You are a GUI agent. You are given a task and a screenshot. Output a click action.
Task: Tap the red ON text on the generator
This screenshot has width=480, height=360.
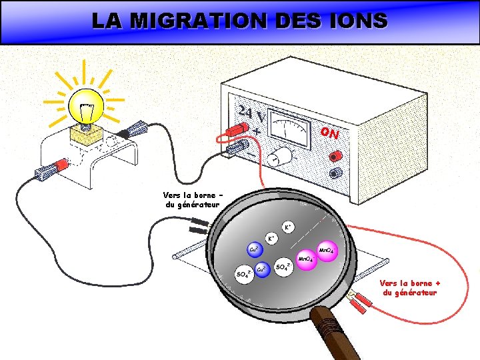329,133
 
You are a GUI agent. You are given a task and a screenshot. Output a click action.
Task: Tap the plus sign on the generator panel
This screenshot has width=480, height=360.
257,131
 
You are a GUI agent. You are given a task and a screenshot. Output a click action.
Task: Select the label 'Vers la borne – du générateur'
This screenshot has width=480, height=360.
191,199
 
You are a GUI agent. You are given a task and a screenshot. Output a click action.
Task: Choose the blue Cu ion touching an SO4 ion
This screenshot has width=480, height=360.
263,269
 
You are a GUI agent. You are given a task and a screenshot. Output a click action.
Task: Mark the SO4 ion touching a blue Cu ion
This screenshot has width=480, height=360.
244,273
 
